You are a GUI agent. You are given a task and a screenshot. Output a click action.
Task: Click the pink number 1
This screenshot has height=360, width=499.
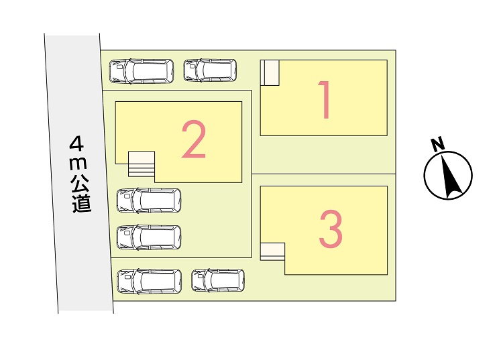click(x=325, y=99)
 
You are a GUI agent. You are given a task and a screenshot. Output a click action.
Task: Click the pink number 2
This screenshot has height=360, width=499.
click(x=193, y=140)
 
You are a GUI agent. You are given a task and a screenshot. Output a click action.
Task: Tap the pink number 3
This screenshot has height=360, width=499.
click(x=331, y=229)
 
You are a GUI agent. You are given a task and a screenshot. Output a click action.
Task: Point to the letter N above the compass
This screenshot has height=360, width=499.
click(x=438, y=144)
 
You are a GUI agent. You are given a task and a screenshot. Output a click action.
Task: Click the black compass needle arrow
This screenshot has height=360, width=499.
click(x=451, y=175)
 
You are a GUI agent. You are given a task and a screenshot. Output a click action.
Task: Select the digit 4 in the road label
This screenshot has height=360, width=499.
click(x=76, y=143)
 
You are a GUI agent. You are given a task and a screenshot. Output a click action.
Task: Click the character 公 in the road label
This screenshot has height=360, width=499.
click(x=80, y=184)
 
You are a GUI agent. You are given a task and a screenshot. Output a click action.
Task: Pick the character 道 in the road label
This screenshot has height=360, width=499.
click(x=82, y=204)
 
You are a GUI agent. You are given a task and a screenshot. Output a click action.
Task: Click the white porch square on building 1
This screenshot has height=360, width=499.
click(x=270, y=73)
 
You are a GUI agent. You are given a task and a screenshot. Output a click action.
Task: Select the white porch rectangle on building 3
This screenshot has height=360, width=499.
click(x=272, y=251)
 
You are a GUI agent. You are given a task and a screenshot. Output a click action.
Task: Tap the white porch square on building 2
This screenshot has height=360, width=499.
click(x=142, y=158)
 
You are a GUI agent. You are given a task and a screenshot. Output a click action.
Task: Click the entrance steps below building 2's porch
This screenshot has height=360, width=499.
click(x=142, y=170)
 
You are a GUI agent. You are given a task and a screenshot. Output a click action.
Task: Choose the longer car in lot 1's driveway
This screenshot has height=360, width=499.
click(x=142, y=71)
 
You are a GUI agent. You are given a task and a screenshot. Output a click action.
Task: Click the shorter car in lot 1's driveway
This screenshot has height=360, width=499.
click(x=210, y=70)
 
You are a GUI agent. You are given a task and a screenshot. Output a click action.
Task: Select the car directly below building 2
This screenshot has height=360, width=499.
click(x=149, y=200)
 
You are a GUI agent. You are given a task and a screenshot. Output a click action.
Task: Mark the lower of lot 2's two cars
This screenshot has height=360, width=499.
click(x=149, y=237)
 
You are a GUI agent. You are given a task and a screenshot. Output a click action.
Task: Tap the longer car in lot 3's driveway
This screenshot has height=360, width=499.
click(x=150, y=282)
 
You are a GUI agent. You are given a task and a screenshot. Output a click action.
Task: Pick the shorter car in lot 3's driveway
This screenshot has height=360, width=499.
click(x=218, y=280)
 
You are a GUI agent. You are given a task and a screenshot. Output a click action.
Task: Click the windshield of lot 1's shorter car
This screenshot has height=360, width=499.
click(x=199, y=70)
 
